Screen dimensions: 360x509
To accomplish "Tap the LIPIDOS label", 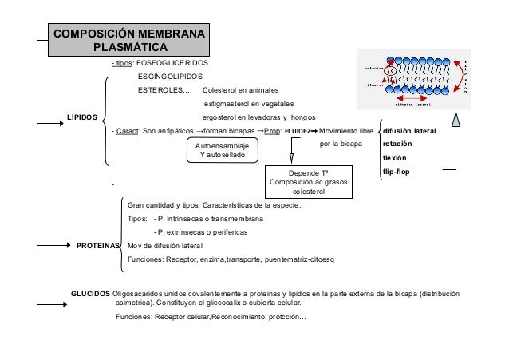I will tap(81, 117).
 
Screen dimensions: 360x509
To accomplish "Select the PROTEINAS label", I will tap(97, 246).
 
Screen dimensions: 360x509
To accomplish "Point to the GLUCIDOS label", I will tap(92, 294).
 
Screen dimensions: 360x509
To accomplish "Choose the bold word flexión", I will tap(395, 158).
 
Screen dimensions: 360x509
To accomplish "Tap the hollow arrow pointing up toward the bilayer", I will tap(456, 122).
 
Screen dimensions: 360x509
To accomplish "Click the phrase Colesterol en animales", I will tap(242, 89).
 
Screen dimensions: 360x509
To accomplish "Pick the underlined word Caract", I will tap(127, 130).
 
